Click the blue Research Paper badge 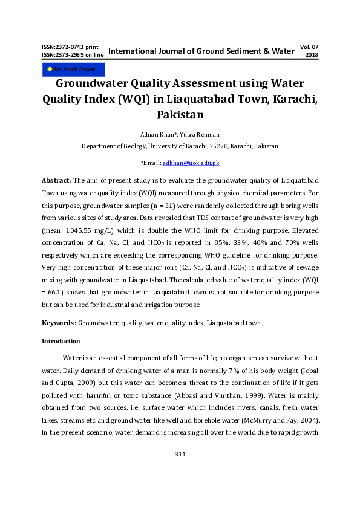[73, 70]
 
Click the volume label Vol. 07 [309, 46]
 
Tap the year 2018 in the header [312, 54]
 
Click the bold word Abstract [56, 181]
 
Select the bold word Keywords [59, 323]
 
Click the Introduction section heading [61, 341]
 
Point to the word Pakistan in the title [180, 114]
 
